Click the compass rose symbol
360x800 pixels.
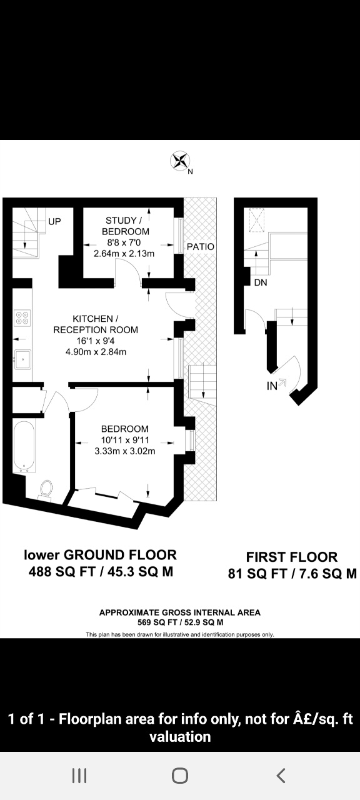point(179,161)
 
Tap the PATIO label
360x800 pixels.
point(201,246)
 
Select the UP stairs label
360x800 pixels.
point(54,221)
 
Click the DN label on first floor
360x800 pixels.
point(261,282)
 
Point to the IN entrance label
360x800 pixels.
point(272,386)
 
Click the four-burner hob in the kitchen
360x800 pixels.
point(22,317)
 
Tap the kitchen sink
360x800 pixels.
point(22,359)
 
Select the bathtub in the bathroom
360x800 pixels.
point(24,446)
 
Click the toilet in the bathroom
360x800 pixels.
point(46,489)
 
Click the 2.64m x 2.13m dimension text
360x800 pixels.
point(124,254)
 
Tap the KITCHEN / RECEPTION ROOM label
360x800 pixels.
point(96,324)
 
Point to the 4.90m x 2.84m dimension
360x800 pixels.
point(96,352)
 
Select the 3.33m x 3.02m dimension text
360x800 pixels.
point(125,451)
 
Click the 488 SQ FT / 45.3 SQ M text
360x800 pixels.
point(101,572)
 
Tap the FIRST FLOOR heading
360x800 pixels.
point(292,557)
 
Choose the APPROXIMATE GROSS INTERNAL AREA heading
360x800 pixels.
point(180,612)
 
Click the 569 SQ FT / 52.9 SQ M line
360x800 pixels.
point(181,622)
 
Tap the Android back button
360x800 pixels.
point(281,776)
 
